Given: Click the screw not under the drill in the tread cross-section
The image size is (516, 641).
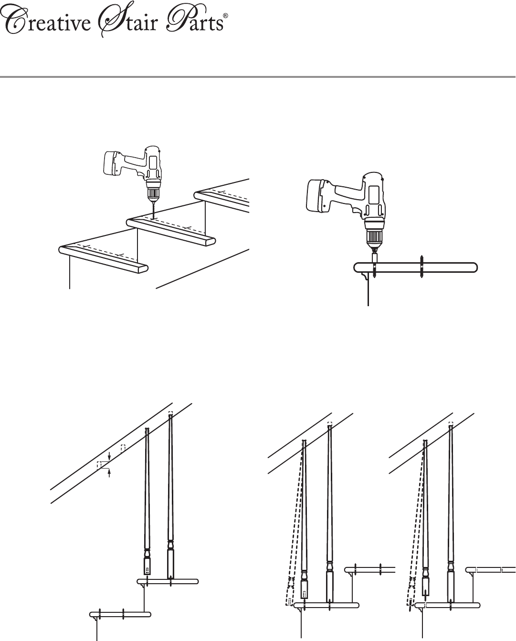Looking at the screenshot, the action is pyautogui.click(x=421, y=267).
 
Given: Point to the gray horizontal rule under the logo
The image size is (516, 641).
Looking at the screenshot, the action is pyautogui.click(x=258, y=77).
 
